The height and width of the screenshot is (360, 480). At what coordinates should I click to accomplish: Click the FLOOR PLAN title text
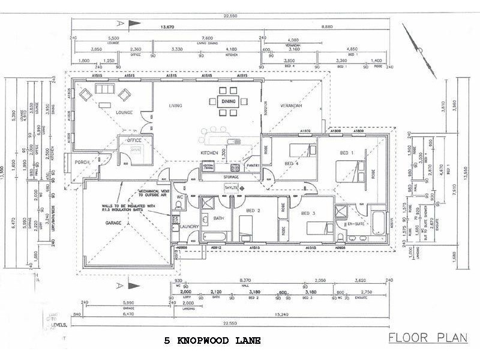[x=427, y=337]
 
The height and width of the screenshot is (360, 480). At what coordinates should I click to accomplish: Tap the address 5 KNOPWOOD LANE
[x=213, y=341]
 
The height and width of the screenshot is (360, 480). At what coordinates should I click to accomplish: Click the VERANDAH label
[x=290, y=106]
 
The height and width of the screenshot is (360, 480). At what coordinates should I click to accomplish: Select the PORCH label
[x=82, y=163]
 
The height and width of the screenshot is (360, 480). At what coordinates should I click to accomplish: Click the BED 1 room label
[x=348, y=153]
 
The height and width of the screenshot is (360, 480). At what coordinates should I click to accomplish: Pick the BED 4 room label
[x=292, y=163]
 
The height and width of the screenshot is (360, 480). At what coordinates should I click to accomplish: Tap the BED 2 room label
[x=253, y=211]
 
